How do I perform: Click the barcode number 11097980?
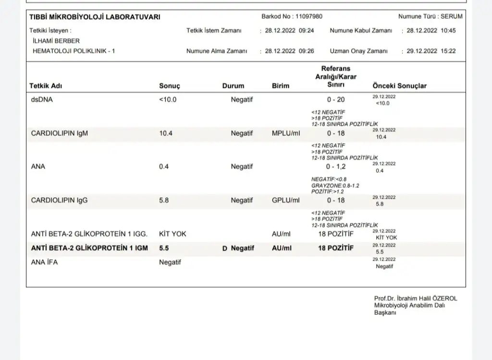[309, 16]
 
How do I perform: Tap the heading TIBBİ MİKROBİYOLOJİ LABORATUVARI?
[95, 17]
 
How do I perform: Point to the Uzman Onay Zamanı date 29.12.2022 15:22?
[431, 51]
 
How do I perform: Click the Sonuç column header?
[169, 86]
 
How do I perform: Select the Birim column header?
[281, 86]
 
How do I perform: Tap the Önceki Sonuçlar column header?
[399, 86]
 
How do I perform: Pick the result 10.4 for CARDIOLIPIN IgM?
[166, 133]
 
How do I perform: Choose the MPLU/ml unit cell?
[286, 133]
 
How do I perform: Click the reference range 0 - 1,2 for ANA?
[336, 167]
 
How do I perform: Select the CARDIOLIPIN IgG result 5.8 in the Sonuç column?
[164, 200]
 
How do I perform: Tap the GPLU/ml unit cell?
[286, 200]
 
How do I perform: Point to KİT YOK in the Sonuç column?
[172, 234]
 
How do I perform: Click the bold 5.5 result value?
[164, 248]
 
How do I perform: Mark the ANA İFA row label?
[44, 262]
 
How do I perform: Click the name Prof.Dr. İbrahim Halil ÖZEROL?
[416, 298]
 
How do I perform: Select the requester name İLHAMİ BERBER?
[56, 41]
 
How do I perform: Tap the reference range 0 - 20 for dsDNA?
[336, 100]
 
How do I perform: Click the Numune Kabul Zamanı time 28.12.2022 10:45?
[431, 31]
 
